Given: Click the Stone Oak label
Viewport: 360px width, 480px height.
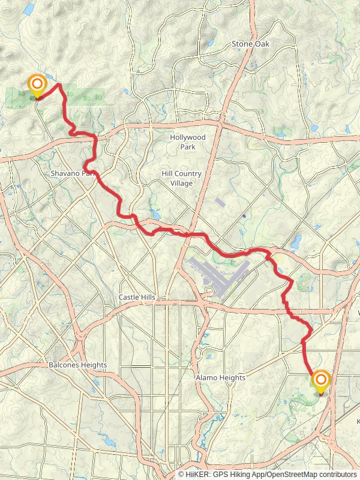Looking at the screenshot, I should pos(250,44).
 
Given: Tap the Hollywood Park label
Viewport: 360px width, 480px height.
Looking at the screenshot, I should pos(187,142).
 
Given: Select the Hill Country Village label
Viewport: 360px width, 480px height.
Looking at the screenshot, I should pos(181,178).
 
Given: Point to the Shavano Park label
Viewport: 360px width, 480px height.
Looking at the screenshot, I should pos(73,173).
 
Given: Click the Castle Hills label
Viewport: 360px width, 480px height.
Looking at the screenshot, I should pos(137,298).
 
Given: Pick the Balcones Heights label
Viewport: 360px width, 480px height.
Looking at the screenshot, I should pos(78,365).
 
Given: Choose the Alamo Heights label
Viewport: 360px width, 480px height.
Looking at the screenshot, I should pos(220,378).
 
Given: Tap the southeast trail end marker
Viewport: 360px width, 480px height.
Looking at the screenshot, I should pos(320,380).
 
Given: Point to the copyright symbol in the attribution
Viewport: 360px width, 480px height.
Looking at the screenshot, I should pos(181,475).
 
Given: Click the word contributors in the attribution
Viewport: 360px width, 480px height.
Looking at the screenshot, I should pos(337,475).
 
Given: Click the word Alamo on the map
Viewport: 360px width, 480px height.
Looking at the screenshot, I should pos(206,378).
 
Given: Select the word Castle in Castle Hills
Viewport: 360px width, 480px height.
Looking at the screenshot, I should pos(128,298).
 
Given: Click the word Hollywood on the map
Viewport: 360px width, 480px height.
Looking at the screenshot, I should pos(187,137).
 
